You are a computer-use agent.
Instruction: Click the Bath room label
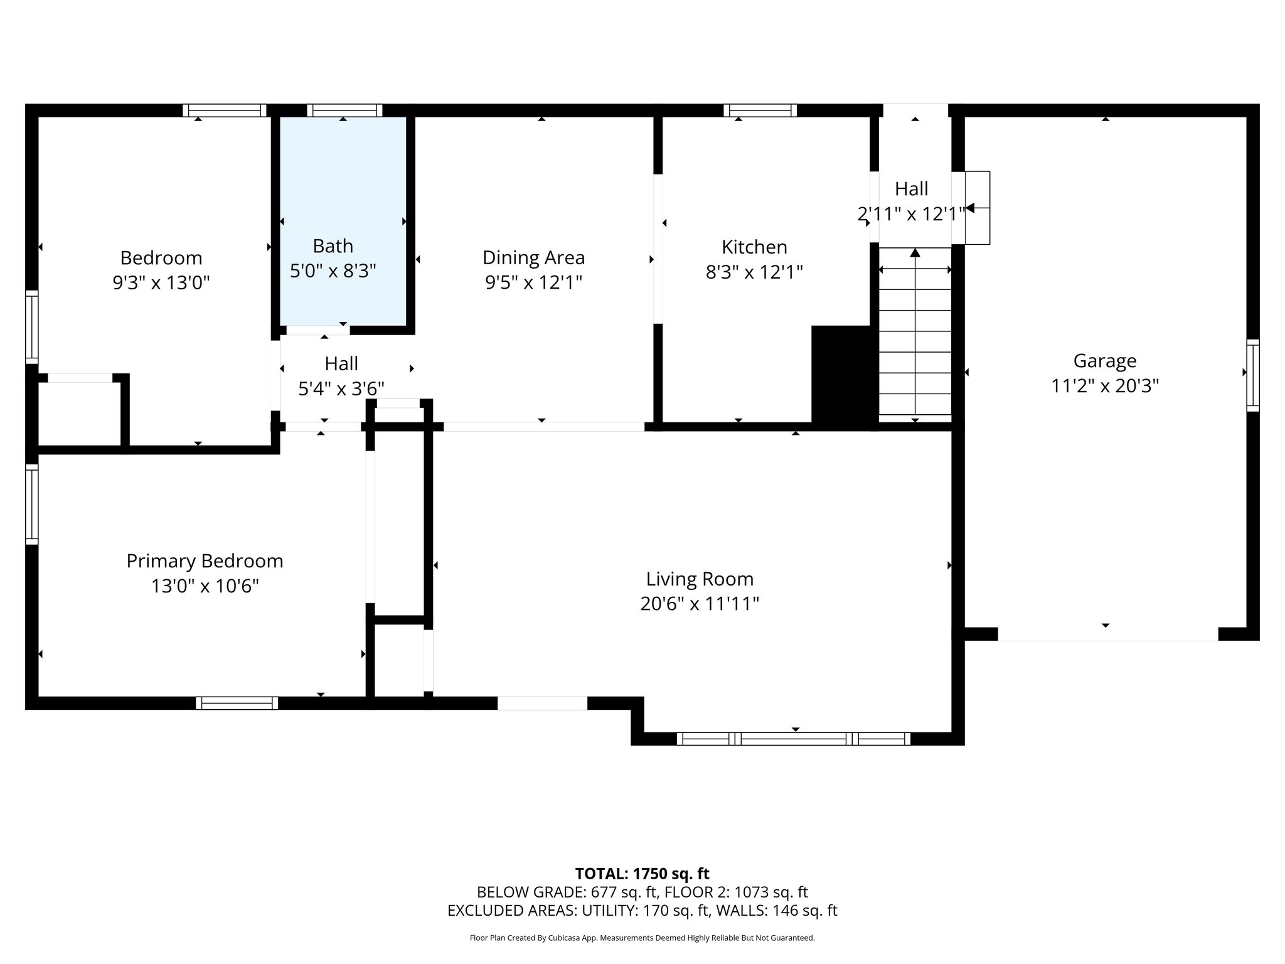333,246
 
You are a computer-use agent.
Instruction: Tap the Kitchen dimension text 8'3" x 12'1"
754,272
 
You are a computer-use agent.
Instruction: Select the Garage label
1104,361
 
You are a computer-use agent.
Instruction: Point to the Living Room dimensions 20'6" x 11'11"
700,604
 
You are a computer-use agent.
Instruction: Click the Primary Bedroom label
205,561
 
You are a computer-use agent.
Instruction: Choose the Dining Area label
533,258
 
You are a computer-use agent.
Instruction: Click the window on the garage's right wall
1252,375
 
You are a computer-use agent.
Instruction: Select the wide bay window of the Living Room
794,739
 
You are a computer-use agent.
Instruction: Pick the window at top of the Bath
344,110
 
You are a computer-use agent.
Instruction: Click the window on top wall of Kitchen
760,110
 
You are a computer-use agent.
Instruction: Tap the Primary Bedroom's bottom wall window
237,703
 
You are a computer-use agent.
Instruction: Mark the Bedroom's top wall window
225,110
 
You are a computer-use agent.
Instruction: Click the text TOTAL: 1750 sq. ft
642,874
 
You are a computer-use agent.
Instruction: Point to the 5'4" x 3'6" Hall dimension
341,389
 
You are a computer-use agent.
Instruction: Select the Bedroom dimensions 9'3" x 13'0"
161,283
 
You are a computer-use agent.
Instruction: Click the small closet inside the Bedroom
79,414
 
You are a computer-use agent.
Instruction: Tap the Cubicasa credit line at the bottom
642,938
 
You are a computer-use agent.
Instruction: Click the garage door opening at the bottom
1107,635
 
